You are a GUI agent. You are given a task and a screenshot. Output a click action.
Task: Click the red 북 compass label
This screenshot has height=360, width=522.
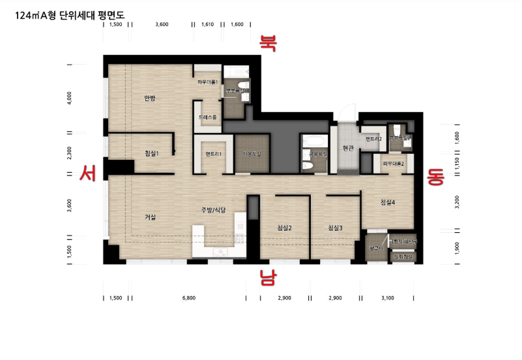click(x=268, y=43)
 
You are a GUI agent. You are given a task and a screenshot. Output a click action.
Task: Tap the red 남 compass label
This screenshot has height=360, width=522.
click(x=268, y=278)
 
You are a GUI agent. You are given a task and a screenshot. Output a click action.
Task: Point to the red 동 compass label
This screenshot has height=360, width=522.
click(x=435, y=177)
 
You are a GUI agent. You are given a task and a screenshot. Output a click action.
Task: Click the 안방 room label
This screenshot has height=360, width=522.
click(x=150, y=98)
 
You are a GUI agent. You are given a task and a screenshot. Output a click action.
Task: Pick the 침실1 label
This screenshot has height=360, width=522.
click(x=152, y=153)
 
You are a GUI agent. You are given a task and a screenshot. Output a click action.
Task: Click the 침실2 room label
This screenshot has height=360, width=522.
click(x=284, y=228)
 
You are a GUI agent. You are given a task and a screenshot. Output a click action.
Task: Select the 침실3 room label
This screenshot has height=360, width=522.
click(x=335, y=228)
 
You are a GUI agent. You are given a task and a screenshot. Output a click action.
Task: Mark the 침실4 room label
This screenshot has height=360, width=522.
click(x=388, y=203)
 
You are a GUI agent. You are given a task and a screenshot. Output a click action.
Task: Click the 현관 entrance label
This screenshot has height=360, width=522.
click(x=347, y=148)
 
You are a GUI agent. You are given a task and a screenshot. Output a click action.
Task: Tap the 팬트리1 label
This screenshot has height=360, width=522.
click(x=213, y=154)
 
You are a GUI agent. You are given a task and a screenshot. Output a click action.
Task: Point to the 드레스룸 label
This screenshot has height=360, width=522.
click(x=209, y=117)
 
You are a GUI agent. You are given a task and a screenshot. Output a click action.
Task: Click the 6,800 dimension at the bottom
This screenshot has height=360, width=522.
click(x=189, y=297)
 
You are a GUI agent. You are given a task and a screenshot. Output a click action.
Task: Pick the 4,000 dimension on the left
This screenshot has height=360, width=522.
click(x=70, y=98)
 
